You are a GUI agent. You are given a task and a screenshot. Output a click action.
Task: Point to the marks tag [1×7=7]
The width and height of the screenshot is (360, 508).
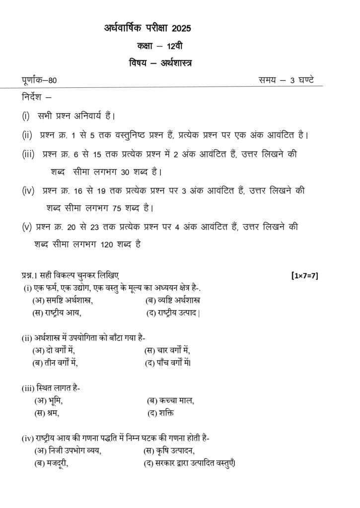(x=304, y=275)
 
